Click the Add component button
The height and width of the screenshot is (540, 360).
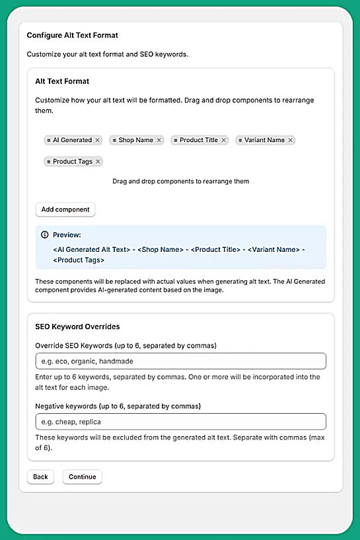pyautogui.click(x=65, y=210)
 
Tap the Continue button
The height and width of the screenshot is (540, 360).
pyautogui.click(x=82, y=477)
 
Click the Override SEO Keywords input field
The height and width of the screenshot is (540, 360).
pyautogui.click(x=180, y=361)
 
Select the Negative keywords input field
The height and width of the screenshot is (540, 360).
pyautogui.click(x=180, y=421)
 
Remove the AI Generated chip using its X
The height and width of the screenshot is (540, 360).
pyautogui.click(x=98, y=140)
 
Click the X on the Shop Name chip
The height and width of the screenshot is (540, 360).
pyautogui.click(x=159, y=140)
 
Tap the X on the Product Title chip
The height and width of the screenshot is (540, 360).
pyautogui.click(x=224, y=140)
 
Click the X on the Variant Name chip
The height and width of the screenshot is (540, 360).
pyautogui.click(x=291, y=140)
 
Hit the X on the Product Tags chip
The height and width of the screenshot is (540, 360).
pyautogui.click(x=98, y=161)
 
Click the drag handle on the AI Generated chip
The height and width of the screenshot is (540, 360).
pyautogui.click(x=49, y=140)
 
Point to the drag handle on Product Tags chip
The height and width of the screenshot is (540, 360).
pyautogui.click(x=49, y=161)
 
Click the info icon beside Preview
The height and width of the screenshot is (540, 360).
pyautogui.click(x=45, y=235)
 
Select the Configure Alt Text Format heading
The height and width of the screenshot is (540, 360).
pyautogui.click(x=73, y=35)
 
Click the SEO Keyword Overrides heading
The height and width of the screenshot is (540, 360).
pyautogui.click(x=77, y=327)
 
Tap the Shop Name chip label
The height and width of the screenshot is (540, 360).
pyautogui.click(x=135, y=140)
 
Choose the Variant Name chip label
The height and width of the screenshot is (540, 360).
pyautogui.click(x=264, y=140)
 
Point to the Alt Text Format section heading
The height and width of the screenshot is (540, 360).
pyautogui.click(x=62, y=81)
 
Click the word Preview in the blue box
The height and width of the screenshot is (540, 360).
pyautogui.click(x=67, y=235)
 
